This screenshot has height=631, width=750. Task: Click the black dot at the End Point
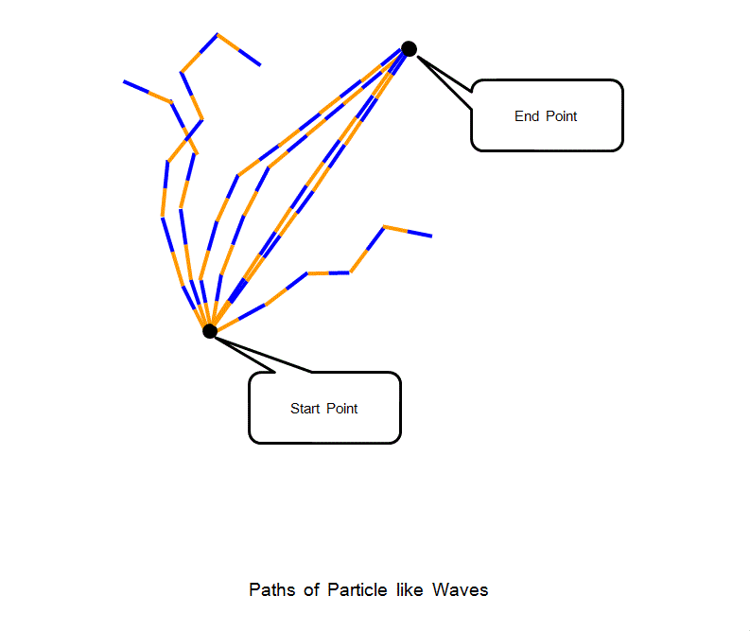click(x=409, y=48)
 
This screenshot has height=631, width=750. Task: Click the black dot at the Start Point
click(x=210, y=330)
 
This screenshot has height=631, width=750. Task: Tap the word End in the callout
click(x=526, y=116)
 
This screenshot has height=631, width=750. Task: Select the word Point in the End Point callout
click(x=561, y=116)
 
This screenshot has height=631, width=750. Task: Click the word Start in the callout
click(x=305, y=409)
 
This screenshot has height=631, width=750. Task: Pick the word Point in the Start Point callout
click(x=342, y=409)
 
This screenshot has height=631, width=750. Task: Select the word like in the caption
click(x=410, y=589)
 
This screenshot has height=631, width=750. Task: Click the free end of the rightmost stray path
click(x=431, y=236)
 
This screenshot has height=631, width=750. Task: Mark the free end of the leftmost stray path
click(x=124, y=81)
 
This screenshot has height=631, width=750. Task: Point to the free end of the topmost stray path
click(x=260, y=65)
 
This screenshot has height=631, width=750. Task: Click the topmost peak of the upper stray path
click(x=218, y=35)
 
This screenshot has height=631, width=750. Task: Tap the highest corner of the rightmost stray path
click(x=384, y=226)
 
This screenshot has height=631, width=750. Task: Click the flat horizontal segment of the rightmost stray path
click(x=328, y=273)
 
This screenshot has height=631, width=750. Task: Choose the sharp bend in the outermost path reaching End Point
click(x=237, y=175)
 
